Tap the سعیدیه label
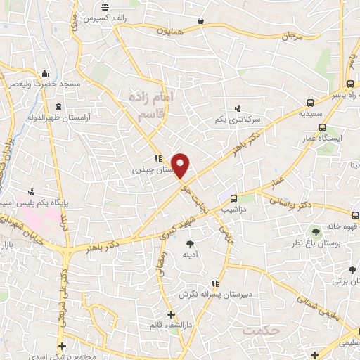[311, 112]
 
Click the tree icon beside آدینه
[190, 245]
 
